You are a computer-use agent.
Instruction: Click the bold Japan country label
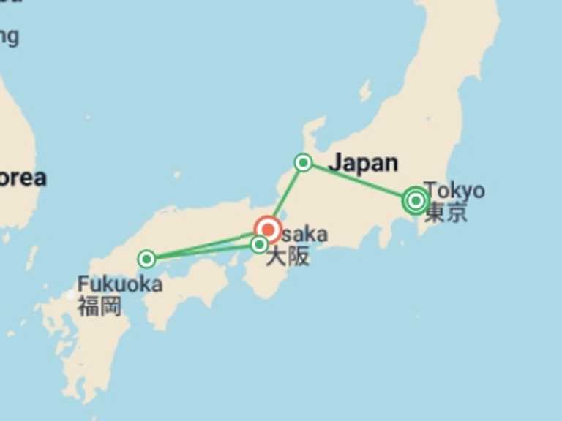pos(363,163)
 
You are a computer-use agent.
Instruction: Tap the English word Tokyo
pos(454,190)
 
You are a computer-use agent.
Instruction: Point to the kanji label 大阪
pos(287,257)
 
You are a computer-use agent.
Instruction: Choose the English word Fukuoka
pos(119,284)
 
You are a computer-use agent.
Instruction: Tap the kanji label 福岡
pos(100,305)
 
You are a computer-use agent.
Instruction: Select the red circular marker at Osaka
pos(268,229)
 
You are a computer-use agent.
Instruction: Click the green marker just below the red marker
pos(259,245)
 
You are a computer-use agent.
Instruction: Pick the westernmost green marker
pos(146,259)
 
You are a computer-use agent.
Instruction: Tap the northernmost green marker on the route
pos(303,162)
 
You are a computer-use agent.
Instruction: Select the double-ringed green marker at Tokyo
pos(416,200)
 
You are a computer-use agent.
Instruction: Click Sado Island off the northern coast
pos(364,91)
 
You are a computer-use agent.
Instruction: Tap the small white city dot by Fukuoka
pos(70,295)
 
